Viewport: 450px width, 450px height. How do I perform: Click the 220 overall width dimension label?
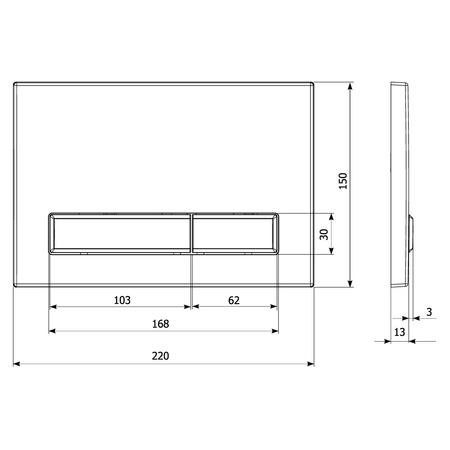tap(160, 356)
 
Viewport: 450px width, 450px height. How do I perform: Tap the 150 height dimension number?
tap(343, 181)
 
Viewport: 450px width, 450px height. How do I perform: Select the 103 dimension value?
tap(122, 300)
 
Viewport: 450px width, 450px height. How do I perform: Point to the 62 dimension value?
tap(234, 300)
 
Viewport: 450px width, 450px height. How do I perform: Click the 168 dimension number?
tap(160, 324)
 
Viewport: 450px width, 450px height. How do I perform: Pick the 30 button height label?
tap(324, 234)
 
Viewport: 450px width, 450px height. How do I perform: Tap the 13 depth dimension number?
tap(399, 332)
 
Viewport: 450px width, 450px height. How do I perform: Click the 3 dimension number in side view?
tap(429, 312)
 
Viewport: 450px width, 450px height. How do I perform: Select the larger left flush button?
tap(120, 233)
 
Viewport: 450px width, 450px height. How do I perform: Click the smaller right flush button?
tap(235, 233)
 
